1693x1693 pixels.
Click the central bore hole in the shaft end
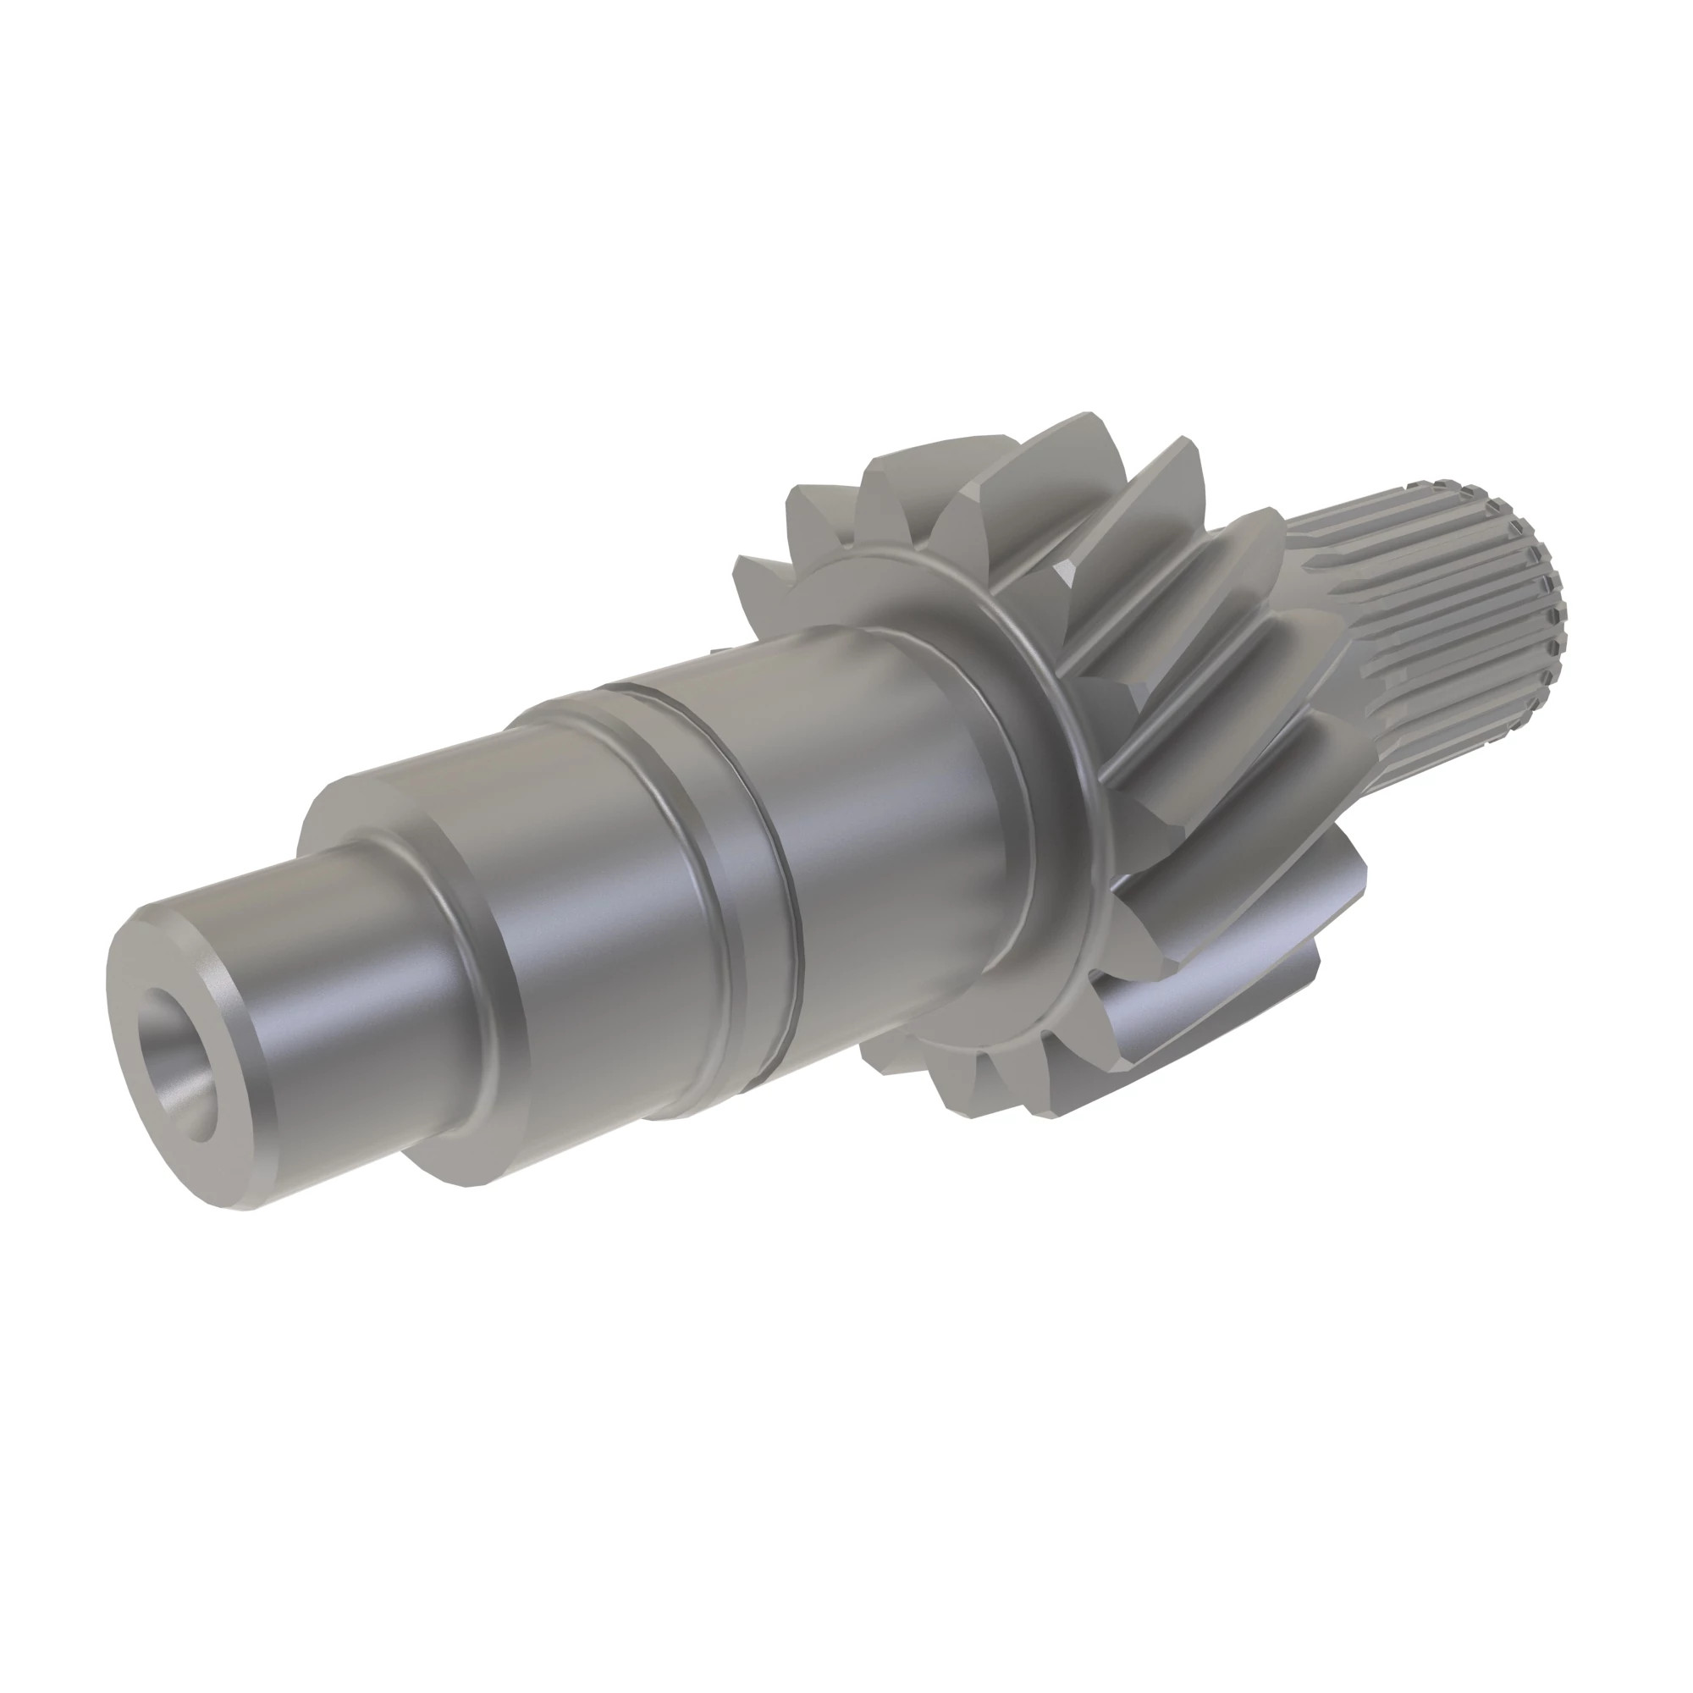pos(178,1064)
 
